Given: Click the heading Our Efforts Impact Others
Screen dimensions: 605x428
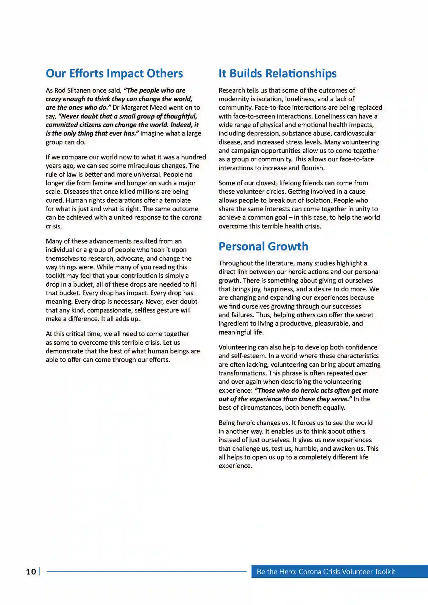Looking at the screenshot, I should coord(114,74).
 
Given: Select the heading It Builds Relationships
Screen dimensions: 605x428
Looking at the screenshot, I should coord(277,74).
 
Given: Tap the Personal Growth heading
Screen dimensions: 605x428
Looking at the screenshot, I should coord(263,247).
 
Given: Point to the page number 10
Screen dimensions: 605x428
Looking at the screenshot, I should coord(31,572).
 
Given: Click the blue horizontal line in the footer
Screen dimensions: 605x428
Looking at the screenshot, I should coord(147,571).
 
